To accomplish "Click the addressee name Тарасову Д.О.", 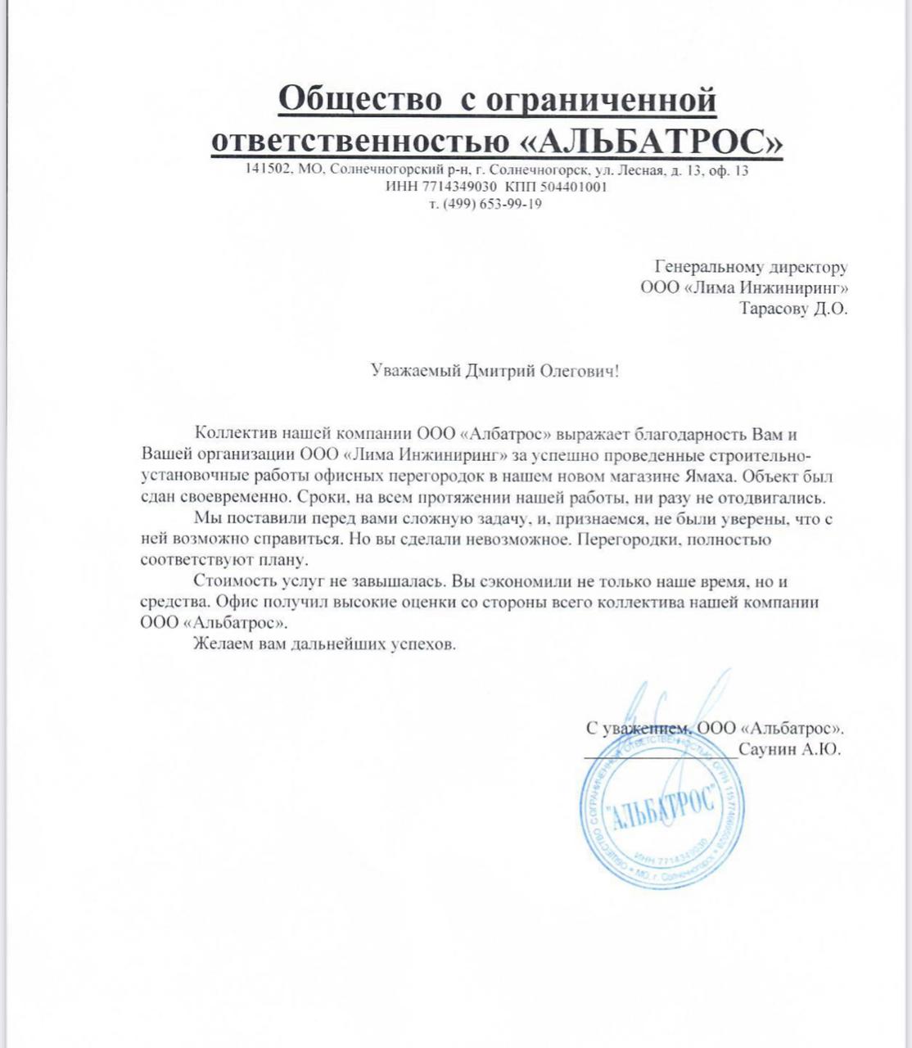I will pyautogui.click(x=792, y=309).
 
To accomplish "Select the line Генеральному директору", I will pyautogui.click(x=752, y=267).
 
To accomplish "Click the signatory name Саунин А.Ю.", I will pyautogui.click(x=788, y=750).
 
